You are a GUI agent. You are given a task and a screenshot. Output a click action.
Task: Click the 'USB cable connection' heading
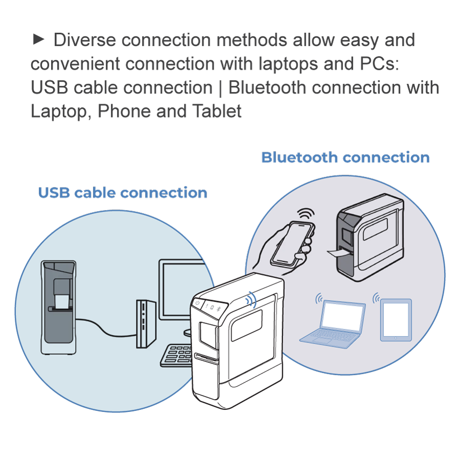click(123, 193)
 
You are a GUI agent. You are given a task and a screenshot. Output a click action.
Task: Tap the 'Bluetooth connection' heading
click(345, 157)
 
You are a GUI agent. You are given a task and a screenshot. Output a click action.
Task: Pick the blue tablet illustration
click(396, 319)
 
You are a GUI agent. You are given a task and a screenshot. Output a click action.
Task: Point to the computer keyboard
click(176, 355)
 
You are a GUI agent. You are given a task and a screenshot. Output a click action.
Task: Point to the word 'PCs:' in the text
click(379, 64)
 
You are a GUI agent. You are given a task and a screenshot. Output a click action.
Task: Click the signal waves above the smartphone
click(306, 213)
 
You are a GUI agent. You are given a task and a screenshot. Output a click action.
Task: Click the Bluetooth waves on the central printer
click(251, 300)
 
